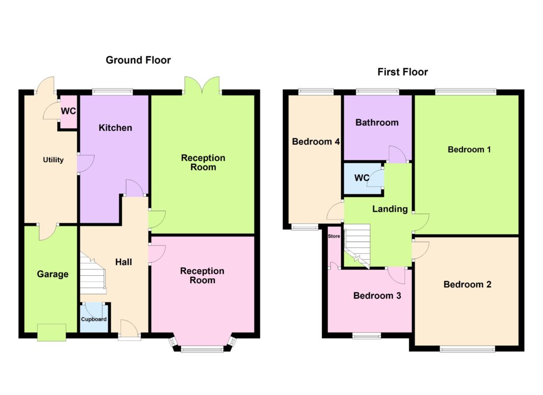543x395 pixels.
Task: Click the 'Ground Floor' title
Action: pyautogui.click(x=138, y=60)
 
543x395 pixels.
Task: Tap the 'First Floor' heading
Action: pyautogui.click(x=402, y=72)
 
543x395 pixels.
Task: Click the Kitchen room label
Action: pyautogui.click(x=115, y=128)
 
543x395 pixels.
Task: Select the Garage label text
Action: pyautogui.click(x=52, y=274)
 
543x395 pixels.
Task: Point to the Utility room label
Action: pyautogui.click(x=54, y=160)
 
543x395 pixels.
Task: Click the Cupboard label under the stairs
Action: pyautogui.click(x=93, y=319)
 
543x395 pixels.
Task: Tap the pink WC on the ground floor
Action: pyautogui.click(x=68, y=111)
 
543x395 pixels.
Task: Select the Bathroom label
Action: pyautogui.click(x=377, y=122)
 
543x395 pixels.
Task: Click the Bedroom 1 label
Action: pyautogui.click(x=469, y=150)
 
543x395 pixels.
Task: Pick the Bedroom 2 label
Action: pyautogui.click(x=467, y=285)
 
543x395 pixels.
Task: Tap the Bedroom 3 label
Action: pyautogui.click(x=377, y=296)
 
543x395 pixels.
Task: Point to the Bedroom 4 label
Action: pyautogui.click(x=316, y=142)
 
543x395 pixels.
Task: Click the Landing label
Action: pyautogui.click(x=390, y=209)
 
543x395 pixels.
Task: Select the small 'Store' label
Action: pyautogui.click(x=334, y=236)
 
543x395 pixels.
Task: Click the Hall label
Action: pyautogui.click(x=124, y=262)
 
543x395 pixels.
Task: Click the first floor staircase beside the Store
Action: pyautogui.click(x=357, y=245)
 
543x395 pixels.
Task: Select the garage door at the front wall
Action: pyautogui.click(x=51, y=332)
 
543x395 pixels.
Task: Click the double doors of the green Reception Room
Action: pyautogui.click(x=202, y=85)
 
